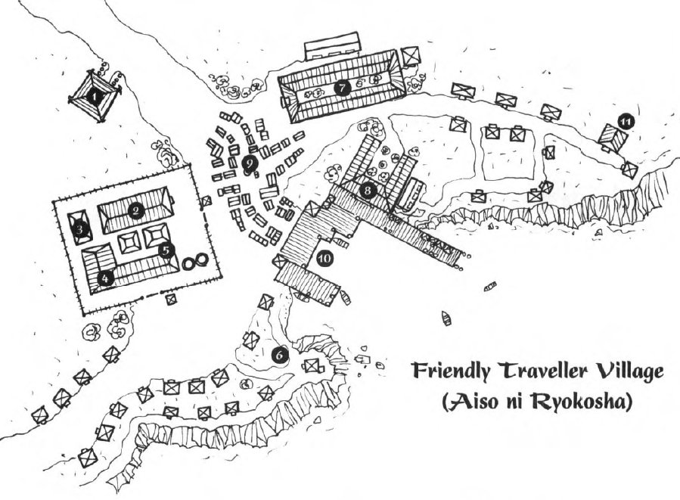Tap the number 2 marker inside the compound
(x=136, y=211)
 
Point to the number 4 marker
(x=104, y=278)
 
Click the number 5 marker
(x=166, y=248)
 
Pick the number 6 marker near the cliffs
(x=279, y=353)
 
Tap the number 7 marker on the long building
(x=342, y=87)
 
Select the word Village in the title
(x=624, y=372)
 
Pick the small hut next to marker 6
(x=311, y=366)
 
